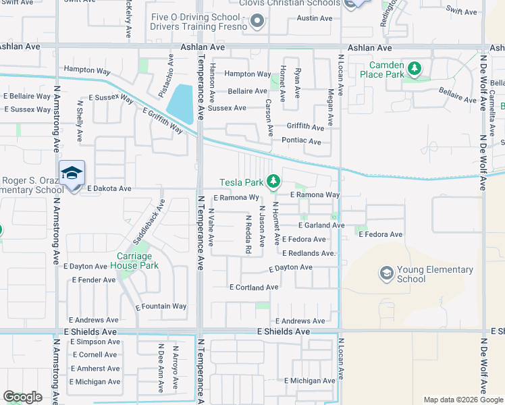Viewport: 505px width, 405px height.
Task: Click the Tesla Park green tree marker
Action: (273, 181)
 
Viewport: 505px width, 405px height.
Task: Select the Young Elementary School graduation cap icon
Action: (386, 273)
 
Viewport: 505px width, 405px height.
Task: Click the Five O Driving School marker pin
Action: (257, 22)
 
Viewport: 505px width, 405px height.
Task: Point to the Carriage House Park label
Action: (138, 261)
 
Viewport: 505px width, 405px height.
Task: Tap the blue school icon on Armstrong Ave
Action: (72, 173)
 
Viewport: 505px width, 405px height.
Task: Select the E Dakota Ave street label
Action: (109, 189)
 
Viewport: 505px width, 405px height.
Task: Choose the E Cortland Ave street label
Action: (254, 287)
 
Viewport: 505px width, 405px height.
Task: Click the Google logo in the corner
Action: (22, 397)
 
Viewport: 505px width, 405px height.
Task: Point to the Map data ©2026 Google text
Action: (462, 400)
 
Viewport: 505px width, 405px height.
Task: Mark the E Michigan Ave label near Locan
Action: (311, 381)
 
